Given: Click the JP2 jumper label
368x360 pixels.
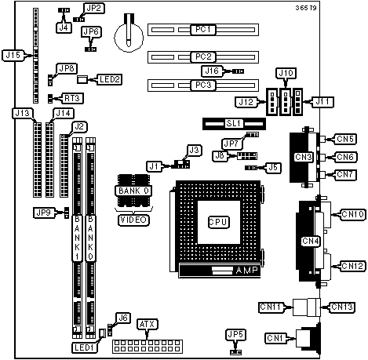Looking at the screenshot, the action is coord(93,9).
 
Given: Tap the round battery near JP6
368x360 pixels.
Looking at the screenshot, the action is coord(129,38).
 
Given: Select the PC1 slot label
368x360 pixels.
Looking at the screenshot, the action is coord(203,30).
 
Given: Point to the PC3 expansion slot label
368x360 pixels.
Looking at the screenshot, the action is coord(203,85).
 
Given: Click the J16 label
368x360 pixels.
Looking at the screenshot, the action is coord(212,71).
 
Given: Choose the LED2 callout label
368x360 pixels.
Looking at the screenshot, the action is coord(110,79).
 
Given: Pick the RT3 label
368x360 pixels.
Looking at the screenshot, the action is coord(72,99).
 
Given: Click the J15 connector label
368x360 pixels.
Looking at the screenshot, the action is coord(13,56).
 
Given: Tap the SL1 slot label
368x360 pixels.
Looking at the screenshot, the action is coord(234,123).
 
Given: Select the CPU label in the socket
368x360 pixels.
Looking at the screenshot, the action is coord(219,222).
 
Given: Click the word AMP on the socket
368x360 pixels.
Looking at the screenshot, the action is coord(246,271).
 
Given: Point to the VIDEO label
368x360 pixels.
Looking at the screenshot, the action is coord(133,220).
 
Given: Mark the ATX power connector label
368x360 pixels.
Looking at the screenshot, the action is coord(148,325).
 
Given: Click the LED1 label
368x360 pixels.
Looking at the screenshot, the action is coord(84,347).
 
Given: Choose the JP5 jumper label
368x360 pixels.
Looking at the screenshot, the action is coord(235,335).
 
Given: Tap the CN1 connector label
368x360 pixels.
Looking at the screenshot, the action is coord(275,339).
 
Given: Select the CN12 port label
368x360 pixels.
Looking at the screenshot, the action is coord(353,266).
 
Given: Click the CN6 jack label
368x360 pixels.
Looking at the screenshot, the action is coord(345,157).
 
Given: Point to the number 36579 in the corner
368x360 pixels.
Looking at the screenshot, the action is coord(306,8).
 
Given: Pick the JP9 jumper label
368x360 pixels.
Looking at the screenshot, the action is coord(44,213).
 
